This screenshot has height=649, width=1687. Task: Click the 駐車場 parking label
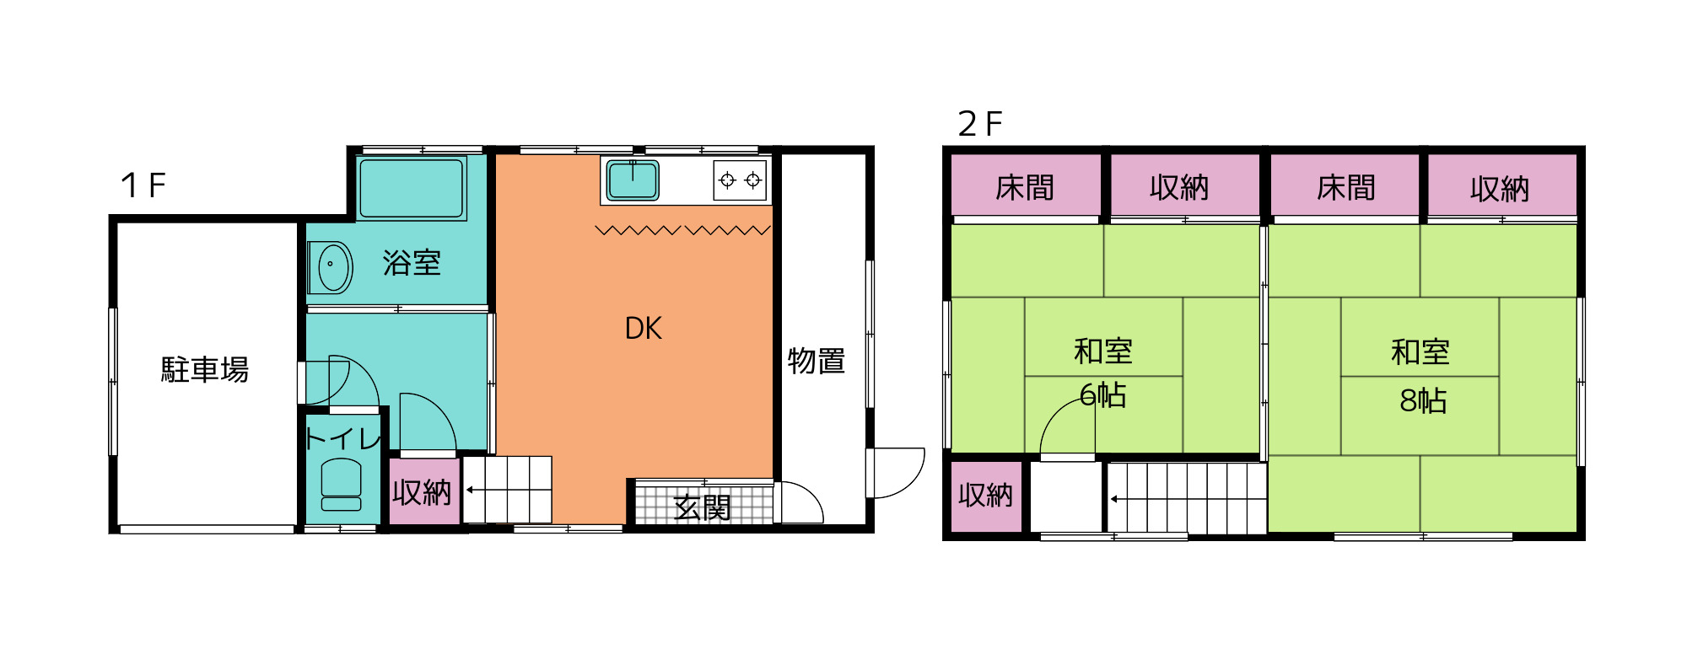coord(205,369)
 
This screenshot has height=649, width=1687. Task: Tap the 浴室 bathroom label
coord(412,263)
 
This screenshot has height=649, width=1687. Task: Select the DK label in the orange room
coord(643,328)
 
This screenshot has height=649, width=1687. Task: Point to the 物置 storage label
coord(817,361)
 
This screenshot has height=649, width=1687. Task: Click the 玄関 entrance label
coord(703,508)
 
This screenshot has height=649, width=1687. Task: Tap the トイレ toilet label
coord(343,438)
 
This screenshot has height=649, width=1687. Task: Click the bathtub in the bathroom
coord(412,189)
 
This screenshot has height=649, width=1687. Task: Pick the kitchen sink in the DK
coord(633,180)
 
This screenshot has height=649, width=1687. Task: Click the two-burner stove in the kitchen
coord(740,180)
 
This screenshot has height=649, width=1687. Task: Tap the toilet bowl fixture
coord(341,485)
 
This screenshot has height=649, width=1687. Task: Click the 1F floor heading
coord(143,185)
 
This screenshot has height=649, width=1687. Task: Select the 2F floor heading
coord(980,124)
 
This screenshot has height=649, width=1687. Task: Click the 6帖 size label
coord(1103,394)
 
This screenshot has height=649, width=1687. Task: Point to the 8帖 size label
coord(1423,400)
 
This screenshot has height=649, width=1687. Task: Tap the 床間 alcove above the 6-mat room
coord(1026,185)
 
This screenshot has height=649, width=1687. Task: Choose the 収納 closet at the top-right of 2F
coord(1501,185)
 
